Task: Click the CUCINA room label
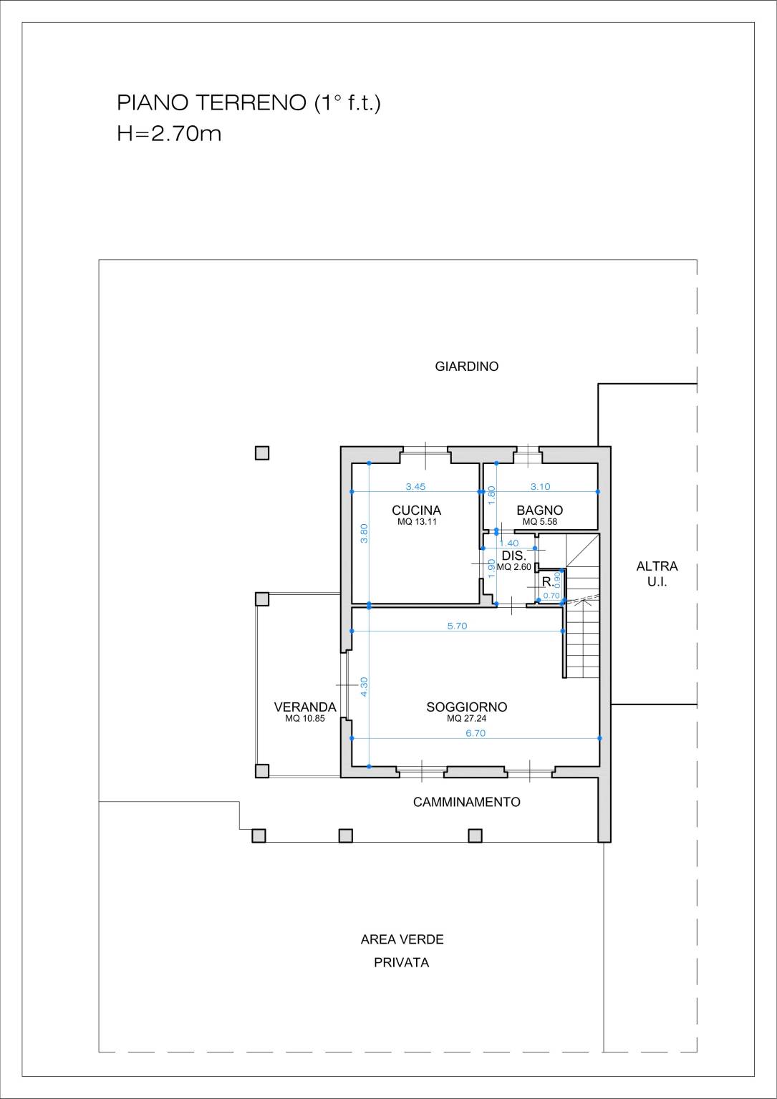[416, 510]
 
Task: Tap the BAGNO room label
[539, 510]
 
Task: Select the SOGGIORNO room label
[466, 707]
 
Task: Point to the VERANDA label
[305, 707]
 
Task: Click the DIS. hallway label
[514, 556]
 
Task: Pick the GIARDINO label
[466, 367]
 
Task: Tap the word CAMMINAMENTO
[466, 802]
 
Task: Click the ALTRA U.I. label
[657, 574]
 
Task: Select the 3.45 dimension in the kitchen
[415, 487]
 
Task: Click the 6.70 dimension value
[475, 733]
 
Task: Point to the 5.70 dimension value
[457, 626]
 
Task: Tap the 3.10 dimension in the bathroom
[541, 487]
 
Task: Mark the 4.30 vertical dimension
[365, 687]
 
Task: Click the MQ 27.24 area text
[466, 719]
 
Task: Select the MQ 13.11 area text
[417, 521]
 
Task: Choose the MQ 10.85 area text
[305, 719]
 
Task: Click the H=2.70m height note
[169, 133]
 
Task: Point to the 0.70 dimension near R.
[551, 596]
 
